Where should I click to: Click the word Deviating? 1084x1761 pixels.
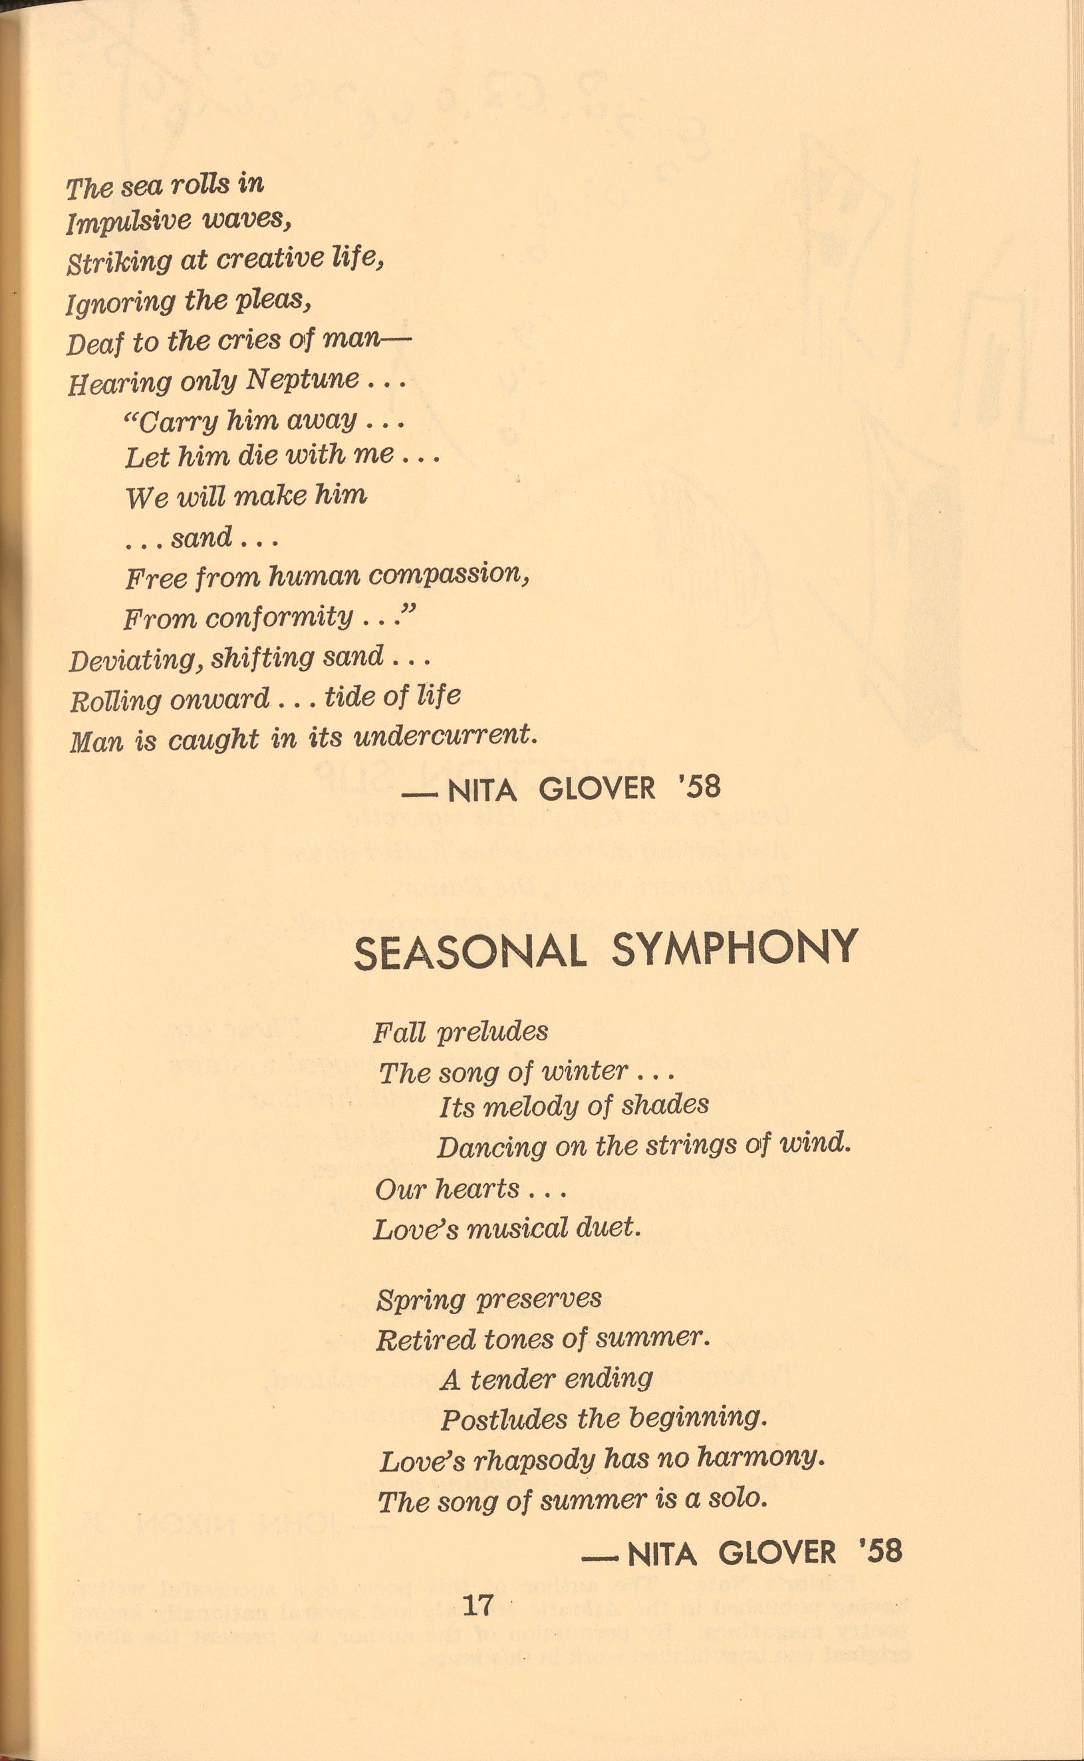tap(136, 660)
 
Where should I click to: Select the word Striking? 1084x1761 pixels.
tap(119, 263)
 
